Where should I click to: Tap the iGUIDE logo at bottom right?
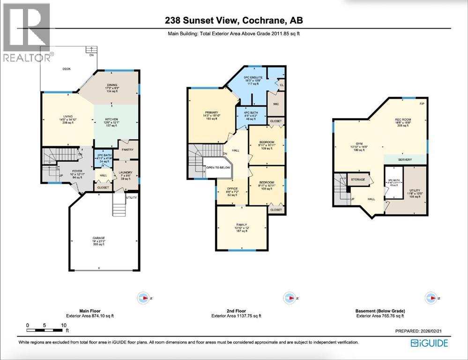click(x=429, y=343)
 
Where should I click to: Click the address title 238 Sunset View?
click(x=230, y=20)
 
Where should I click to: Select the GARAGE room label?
click(x=98, y=238)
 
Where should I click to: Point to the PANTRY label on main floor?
click(x=127, y=150)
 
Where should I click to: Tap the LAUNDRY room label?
click(x=126, y=172)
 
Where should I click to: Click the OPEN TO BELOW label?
click(x=218, y=167)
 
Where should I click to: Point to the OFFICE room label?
click(x=232, y=188)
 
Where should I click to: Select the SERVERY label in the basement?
click(x=405, y=160)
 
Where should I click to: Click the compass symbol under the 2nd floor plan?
click(x=290, y=297)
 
